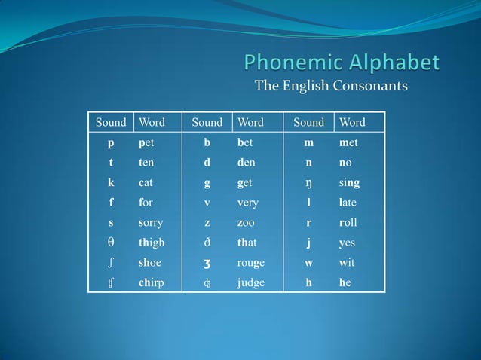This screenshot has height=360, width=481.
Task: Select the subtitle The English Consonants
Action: click(x=331, y=85)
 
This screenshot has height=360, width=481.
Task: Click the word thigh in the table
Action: click(x=151, y=243)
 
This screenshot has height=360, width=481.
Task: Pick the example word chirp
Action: click(x=150, y=283)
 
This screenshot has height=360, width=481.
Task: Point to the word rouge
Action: click(x=250, y=263)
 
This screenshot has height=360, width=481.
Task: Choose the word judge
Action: click(x=250, y=283)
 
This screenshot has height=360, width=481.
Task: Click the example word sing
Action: click(x=349, y=182)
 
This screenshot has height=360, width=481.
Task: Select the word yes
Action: click(x=347, y=243)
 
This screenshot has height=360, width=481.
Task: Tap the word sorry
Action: click(x=151, y=223)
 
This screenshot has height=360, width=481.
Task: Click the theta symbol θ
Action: click(x=111, y=243)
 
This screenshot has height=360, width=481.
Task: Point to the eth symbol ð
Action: click(x=207, y=243)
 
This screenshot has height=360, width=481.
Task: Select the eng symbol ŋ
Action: click(x=308, y=182)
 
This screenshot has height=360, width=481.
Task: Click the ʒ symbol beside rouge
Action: click(x=207, y=263)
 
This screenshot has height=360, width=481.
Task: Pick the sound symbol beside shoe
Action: click(x=111, y=263)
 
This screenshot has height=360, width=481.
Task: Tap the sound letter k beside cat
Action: click(x=111, y=182)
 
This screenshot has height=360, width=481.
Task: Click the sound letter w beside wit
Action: click(x=308, y=263)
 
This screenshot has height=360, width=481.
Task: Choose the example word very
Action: click(x=247, y=203)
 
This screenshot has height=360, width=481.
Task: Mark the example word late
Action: click(x=348, y=203)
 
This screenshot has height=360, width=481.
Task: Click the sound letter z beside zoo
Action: click(x=207, y=223)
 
